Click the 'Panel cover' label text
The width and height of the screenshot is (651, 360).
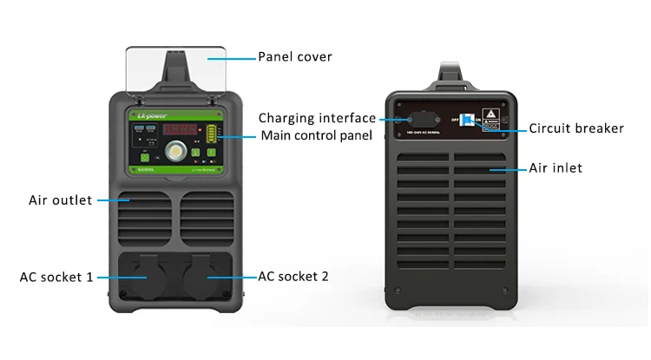[x=294, y=57]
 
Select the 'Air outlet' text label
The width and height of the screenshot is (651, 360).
[x=60, y=200]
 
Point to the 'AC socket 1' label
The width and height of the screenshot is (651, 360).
[x=56, y=277]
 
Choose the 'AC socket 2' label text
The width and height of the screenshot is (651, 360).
[x=293, y=277]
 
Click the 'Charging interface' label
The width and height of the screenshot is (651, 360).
[x=317, y=118]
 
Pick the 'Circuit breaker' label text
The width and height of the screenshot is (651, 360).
[x=576, y=128]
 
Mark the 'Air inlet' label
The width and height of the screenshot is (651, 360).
[x=556, y=167]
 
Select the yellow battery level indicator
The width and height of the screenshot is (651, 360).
[x=210, y=134]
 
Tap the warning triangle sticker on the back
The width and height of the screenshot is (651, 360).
[x=490, y=115]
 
